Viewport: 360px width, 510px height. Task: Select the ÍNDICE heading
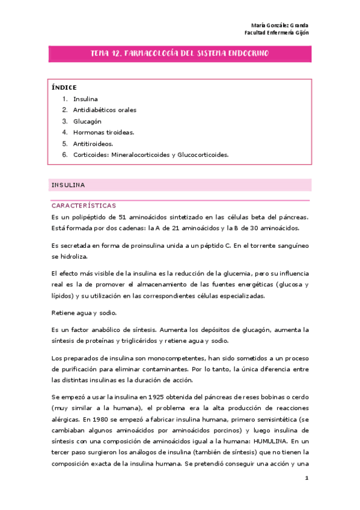coord(64,88)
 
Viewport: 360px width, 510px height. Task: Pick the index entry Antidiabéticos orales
coord(105,110)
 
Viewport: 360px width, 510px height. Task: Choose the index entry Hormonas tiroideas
coord(104,132)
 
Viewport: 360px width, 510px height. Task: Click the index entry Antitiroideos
coord(93,144)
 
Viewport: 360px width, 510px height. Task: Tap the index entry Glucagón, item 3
coord(88,121)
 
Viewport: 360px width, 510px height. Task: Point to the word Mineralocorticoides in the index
coord(142,155)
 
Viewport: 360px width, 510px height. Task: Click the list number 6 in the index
coord(64,155)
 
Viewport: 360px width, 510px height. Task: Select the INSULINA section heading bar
coord(180,185)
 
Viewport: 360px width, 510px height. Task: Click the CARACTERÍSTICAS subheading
coord(84,206)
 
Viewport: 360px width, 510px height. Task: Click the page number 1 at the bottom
coord(307,479)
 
